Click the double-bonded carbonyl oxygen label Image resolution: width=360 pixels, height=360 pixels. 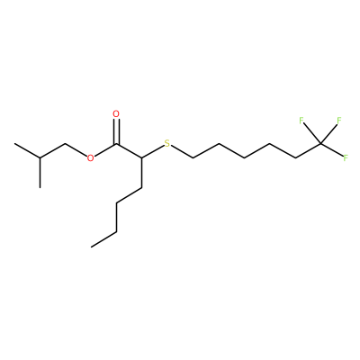[116, 114]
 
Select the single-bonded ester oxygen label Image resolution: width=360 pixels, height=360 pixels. [90, 158]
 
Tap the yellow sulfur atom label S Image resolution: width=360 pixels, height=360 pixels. [167, 143]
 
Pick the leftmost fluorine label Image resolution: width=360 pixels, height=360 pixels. [301, 121]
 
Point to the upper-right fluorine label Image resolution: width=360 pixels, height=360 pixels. [339, 121]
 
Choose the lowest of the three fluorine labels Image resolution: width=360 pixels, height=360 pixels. [346, 157]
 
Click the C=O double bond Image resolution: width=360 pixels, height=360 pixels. [116, 132]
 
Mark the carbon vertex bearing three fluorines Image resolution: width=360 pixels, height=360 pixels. [320, 144]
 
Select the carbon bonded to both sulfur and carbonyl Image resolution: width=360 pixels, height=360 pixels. [141, 158]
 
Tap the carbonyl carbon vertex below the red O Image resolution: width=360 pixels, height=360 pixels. [116, 144]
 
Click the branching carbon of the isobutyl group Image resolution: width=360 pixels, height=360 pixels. [40, 158]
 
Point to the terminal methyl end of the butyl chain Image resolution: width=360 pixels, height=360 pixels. [91, 247]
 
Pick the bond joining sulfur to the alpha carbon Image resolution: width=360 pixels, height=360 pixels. [152, 152]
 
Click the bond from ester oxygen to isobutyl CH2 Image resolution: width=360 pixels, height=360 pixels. [76, 150]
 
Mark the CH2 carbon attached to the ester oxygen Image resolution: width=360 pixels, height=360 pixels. [66, 144]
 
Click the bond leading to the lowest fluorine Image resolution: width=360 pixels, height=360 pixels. [332, 150]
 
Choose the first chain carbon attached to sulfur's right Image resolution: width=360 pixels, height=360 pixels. [192, 158]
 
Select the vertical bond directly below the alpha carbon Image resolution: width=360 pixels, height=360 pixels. [141, 173]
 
